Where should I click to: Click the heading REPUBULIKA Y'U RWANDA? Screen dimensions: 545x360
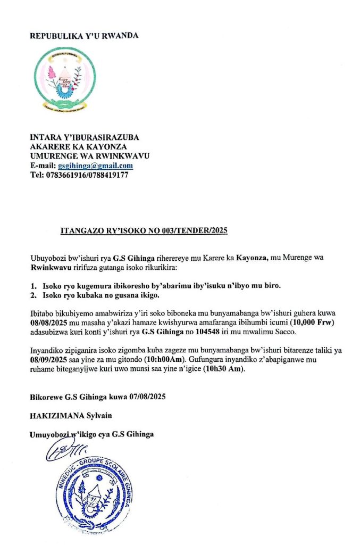[x=84, y=36]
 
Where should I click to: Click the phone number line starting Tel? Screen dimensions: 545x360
[x=79, y=175]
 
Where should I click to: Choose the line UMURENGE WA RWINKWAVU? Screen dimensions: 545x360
[x=89, y=156]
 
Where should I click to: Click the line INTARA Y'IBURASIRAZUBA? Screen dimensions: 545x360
[x=85, y=138]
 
